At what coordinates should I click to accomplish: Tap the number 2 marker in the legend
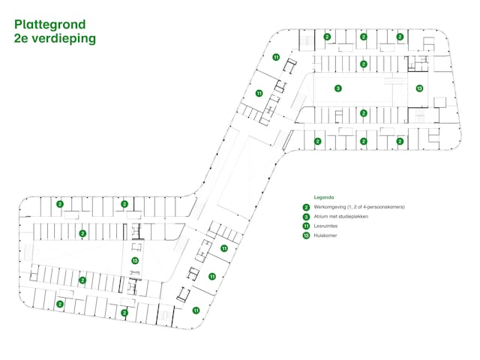coord(306,207)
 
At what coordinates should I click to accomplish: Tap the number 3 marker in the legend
coord(306,216)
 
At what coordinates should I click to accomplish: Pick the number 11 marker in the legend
coord(306,226)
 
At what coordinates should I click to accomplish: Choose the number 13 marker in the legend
coord(306,235)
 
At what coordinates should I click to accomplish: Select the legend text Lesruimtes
coord(325,226)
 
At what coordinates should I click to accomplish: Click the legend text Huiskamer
coord(325,235)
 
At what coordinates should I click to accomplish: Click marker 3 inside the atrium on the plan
coord(338,88)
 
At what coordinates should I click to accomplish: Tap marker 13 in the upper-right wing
coord(419,88)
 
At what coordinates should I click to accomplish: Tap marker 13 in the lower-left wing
coord(135,260)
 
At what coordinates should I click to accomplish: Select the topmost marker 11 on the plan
coord(276,57)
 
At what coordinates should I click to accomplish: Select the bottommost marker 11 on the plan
coord(196,310)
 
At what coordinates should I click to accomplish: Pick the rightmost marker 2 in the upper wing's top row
coord(400,36)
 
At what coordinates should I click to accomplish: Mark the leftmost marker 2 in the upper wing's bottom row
coord(318,141)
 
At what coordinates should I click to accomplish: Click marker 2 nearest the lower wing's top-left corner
coord(60,204)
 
